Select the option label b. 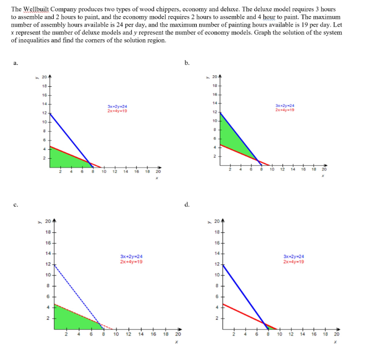tap(188, 62)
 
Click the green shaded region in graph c tap(72, 318)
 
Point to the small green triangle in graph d tap(269, 327)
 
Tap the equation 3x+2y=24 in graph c tap(131, 257)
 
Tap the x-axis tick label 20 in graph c tap(178, 335)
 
